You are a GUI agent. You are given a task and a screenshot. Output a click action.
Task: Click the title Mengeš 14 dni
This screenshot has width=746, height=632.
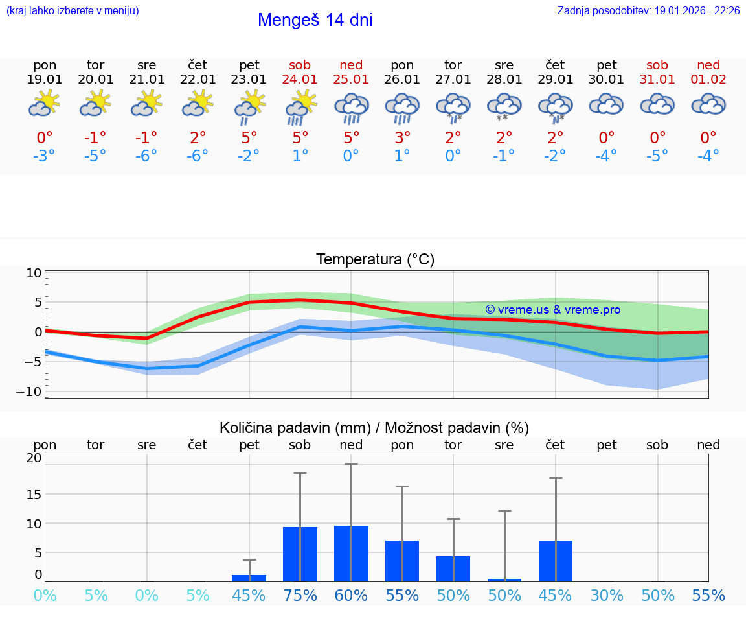[315, 20]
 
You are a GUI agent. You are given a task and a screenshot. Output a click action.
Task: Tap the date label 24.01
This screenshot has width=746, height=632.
[300, 80]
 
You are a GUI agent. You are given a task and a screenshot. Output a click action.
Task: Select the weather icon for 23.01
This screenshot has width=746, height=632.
[249, 107]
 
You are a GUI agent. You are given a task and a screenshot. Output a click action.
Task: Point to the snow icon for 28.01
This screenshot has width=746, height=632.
[504, 107]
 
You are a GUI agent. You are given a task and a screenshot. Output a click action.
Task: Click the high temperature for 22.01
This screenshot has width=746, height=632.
[198, 137]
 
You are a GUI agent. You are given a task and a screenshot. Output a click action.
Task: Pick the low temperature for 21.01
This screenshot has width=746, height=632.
[147, 156]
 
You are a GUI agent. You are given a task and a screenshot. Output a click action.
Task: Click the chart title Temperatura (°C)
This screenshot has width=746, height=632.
[375, 260]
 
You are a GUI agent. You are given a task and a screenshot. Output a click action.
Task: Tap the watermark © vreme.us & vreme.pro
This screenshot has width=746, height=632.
[553, 310]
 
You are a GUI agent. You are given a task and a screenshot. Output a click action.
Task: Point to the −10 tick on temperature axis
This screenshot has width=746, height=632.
[34, 392]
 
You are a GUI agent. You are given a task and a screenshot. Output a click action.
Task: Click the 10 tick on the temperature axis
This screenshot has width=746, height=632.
[34, 273]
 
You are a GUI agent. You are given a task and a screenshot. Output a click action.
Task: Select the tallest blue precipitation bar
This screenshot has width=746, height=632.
[351, 554]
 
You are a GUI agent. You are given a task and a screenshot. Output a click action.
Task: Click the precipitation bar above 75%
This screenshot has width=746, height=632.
[300, 554]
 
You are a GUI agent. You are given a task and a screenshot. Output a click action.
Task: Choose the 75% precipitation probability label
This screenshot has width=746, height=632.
[300, 596]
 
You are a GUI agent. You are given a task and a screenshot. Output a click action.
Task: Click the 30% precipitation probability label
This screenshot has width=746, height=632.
[607, 596]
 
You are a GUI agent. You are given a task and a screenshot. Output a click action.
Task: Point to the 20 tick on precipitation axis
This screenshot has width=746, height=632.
[34, 458]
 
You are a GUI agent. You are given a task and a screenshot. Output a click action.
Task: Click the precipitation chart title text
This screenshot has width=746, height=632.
[374, 428]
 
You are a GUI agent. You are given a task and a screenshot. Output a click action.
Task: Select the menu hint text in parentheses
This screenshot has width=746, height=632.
[73, 11]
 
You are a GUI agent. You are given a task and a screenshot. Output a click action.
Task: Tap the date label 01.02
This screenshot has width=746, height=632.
[708, 80]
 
